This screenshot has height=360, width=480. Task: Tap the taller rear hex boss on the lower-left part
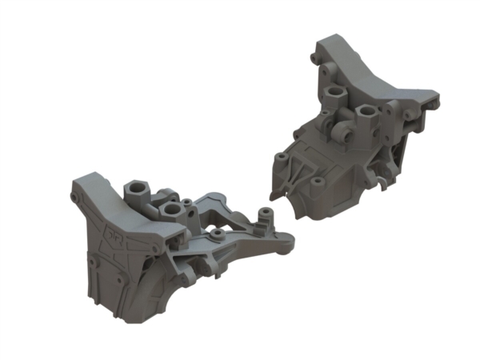click(134, 190)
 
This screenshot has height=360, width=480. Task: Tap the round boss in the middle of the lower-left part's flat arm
click(218, 234)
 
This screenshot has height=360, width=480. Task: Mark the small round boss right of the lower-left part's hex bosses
click(187, 201)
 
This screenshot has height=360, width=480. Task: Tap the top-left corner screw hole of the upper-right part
click(314, 55)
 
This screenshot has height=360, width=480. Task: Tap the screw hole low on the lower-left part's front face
click(96, 263)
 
